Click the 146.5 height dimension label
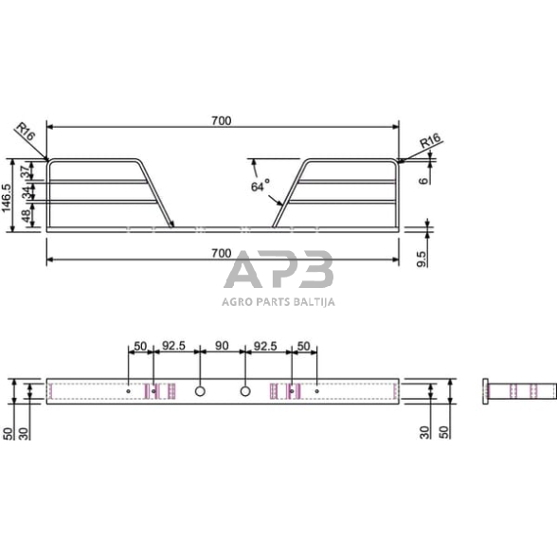pos(8,198)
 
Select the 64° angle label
pos(261,186)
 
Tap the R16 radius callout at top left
pos(27,131)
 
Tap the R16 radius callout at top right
pos(430,140)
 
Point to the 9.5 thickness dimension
pos(421,259)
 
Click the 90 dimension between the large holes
pos(222,346)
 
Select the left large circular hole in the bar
pos(200,391)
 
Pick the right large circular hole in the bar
pos(245,391)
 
